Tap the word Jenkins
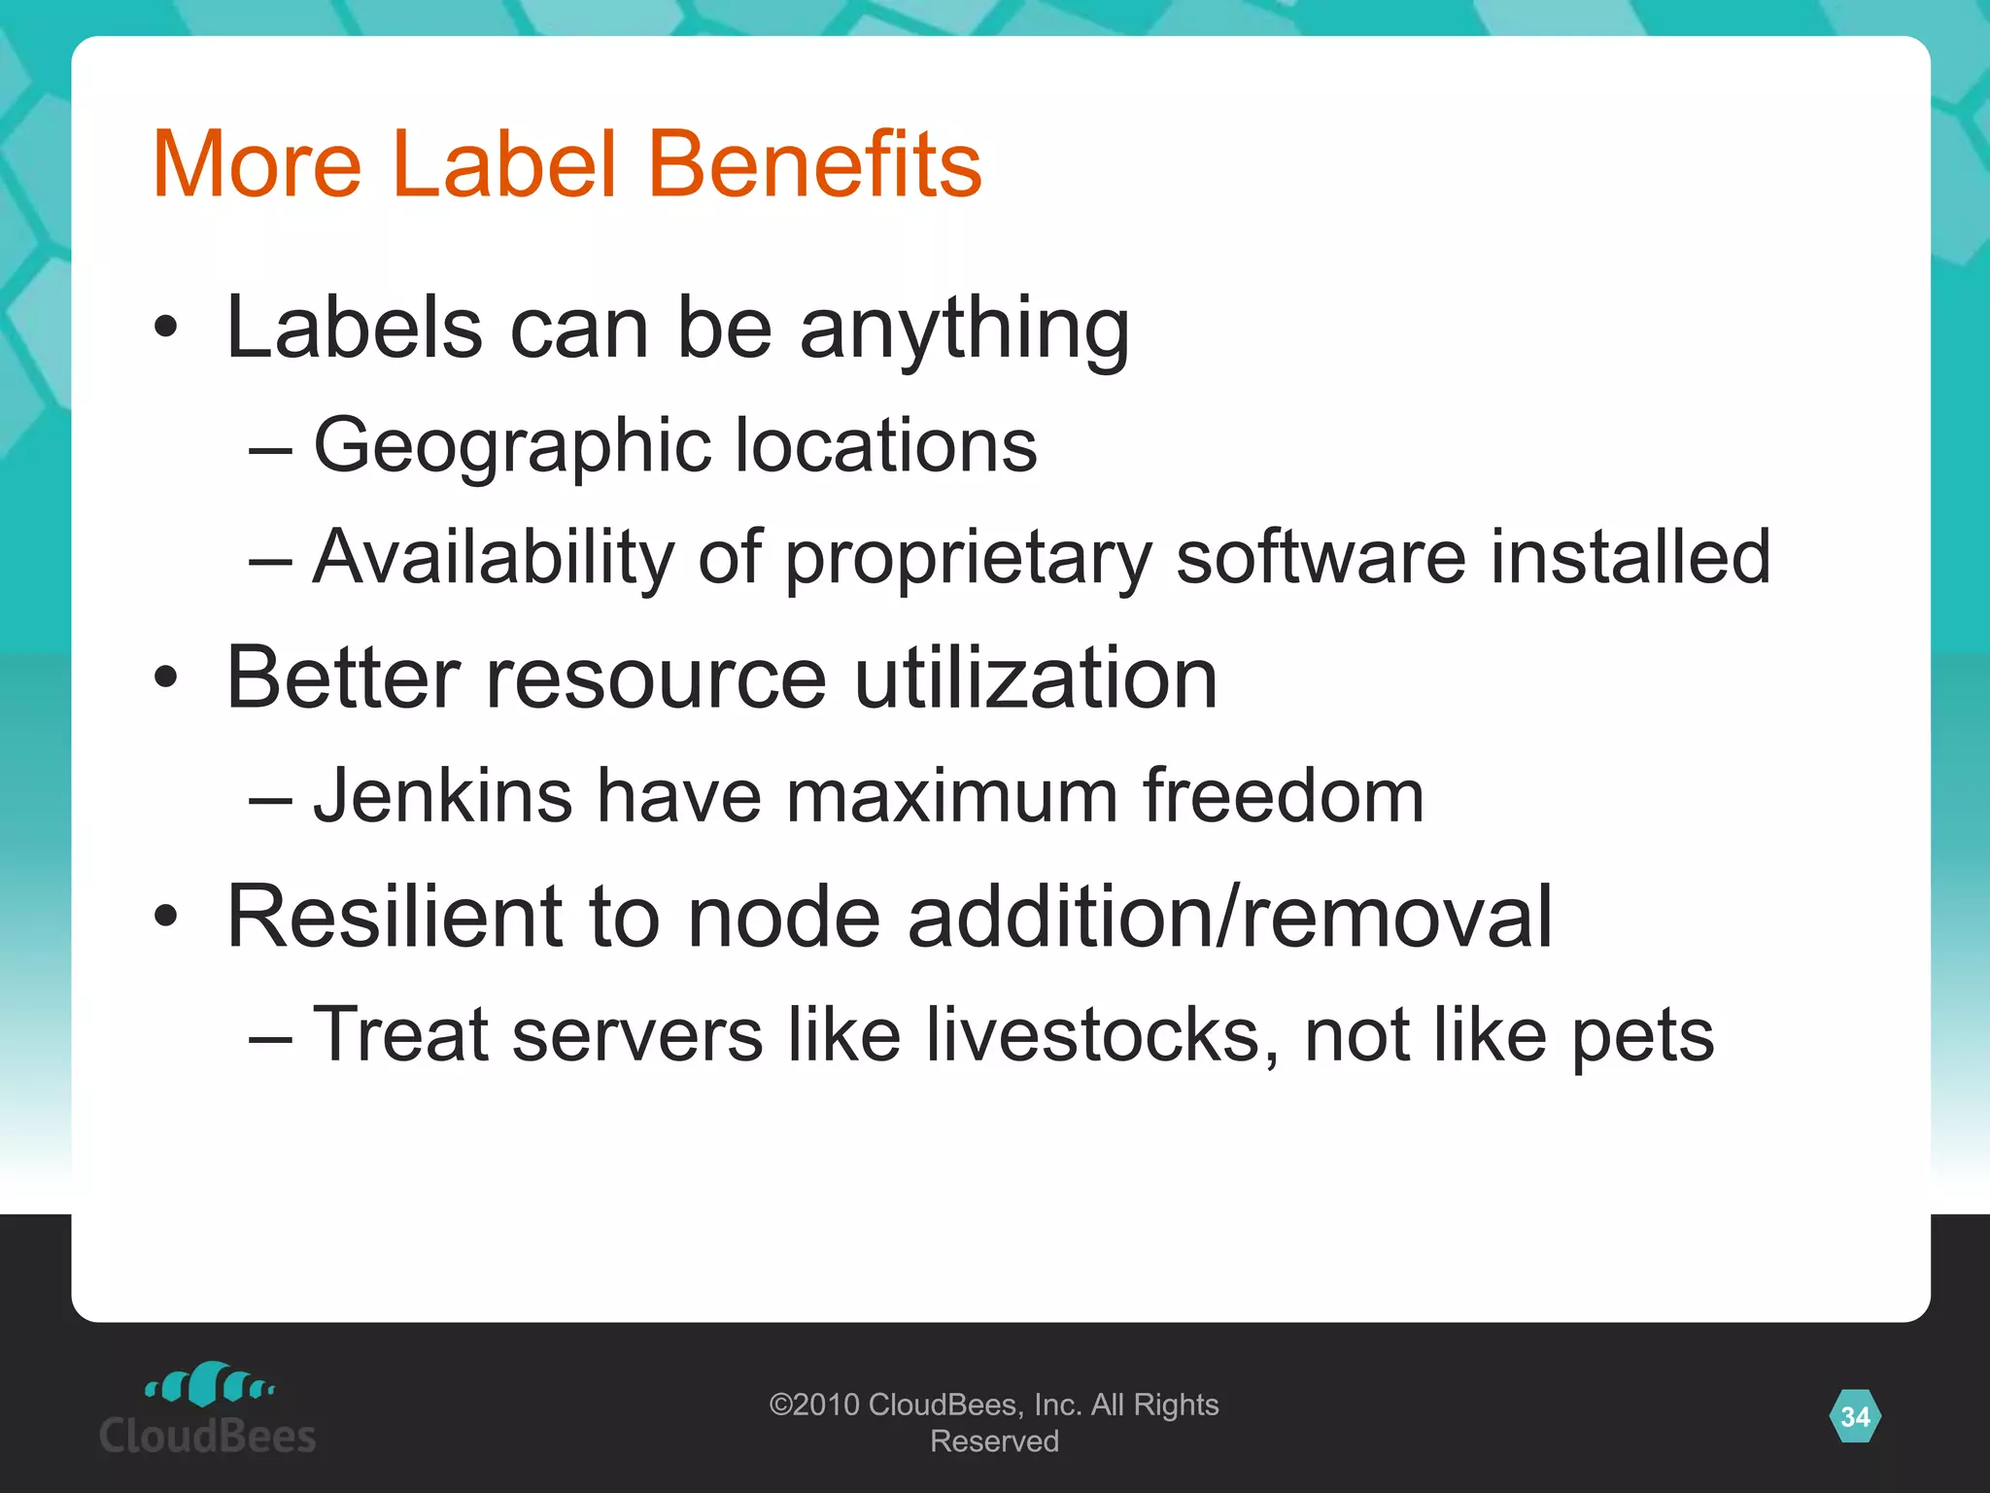tap(442, 796)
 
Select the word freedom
tap(1283, 796)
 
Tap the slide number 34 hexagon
tap(1855, 1416)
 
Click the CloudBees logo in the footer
tap(208, 1408)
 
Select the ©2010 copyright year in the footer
tap(814, 1405)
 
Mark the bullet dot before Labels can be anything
tap(166, 329)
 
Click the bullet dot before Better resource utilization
tap(166, 677)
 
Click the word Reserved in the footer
tap(994, 1441)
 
